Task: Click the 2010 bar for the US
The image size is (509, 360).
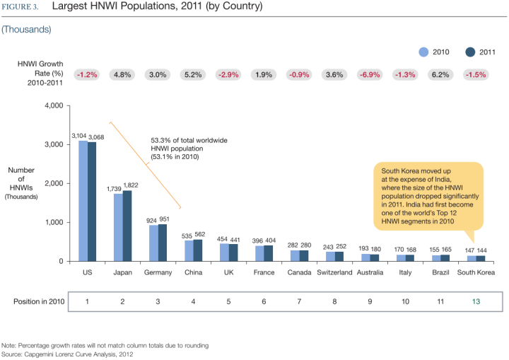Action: [83, 201]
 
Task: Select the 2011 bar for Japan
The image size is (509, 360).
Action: [127, 226]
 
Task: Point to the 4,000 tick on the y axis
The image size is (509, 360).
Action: [54, 106]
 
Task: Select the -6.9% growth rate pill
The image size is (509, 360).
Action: [370, 74]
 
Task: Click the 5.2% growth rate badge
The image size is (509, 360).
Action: [193, 74]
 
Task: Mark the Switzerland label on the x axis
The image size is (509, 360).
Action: [334, 272]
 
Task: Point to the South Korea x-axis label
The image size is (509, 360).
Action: [476, 272]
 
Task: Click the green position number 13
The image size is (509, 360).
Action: [476, 301]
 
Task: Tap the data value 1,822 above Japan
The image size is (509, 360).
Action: [131, 186]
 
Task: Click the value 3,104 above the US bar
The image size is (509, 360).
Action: [79, 136]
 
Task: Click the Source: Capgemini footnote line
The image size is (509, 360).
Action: [67, 353]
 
